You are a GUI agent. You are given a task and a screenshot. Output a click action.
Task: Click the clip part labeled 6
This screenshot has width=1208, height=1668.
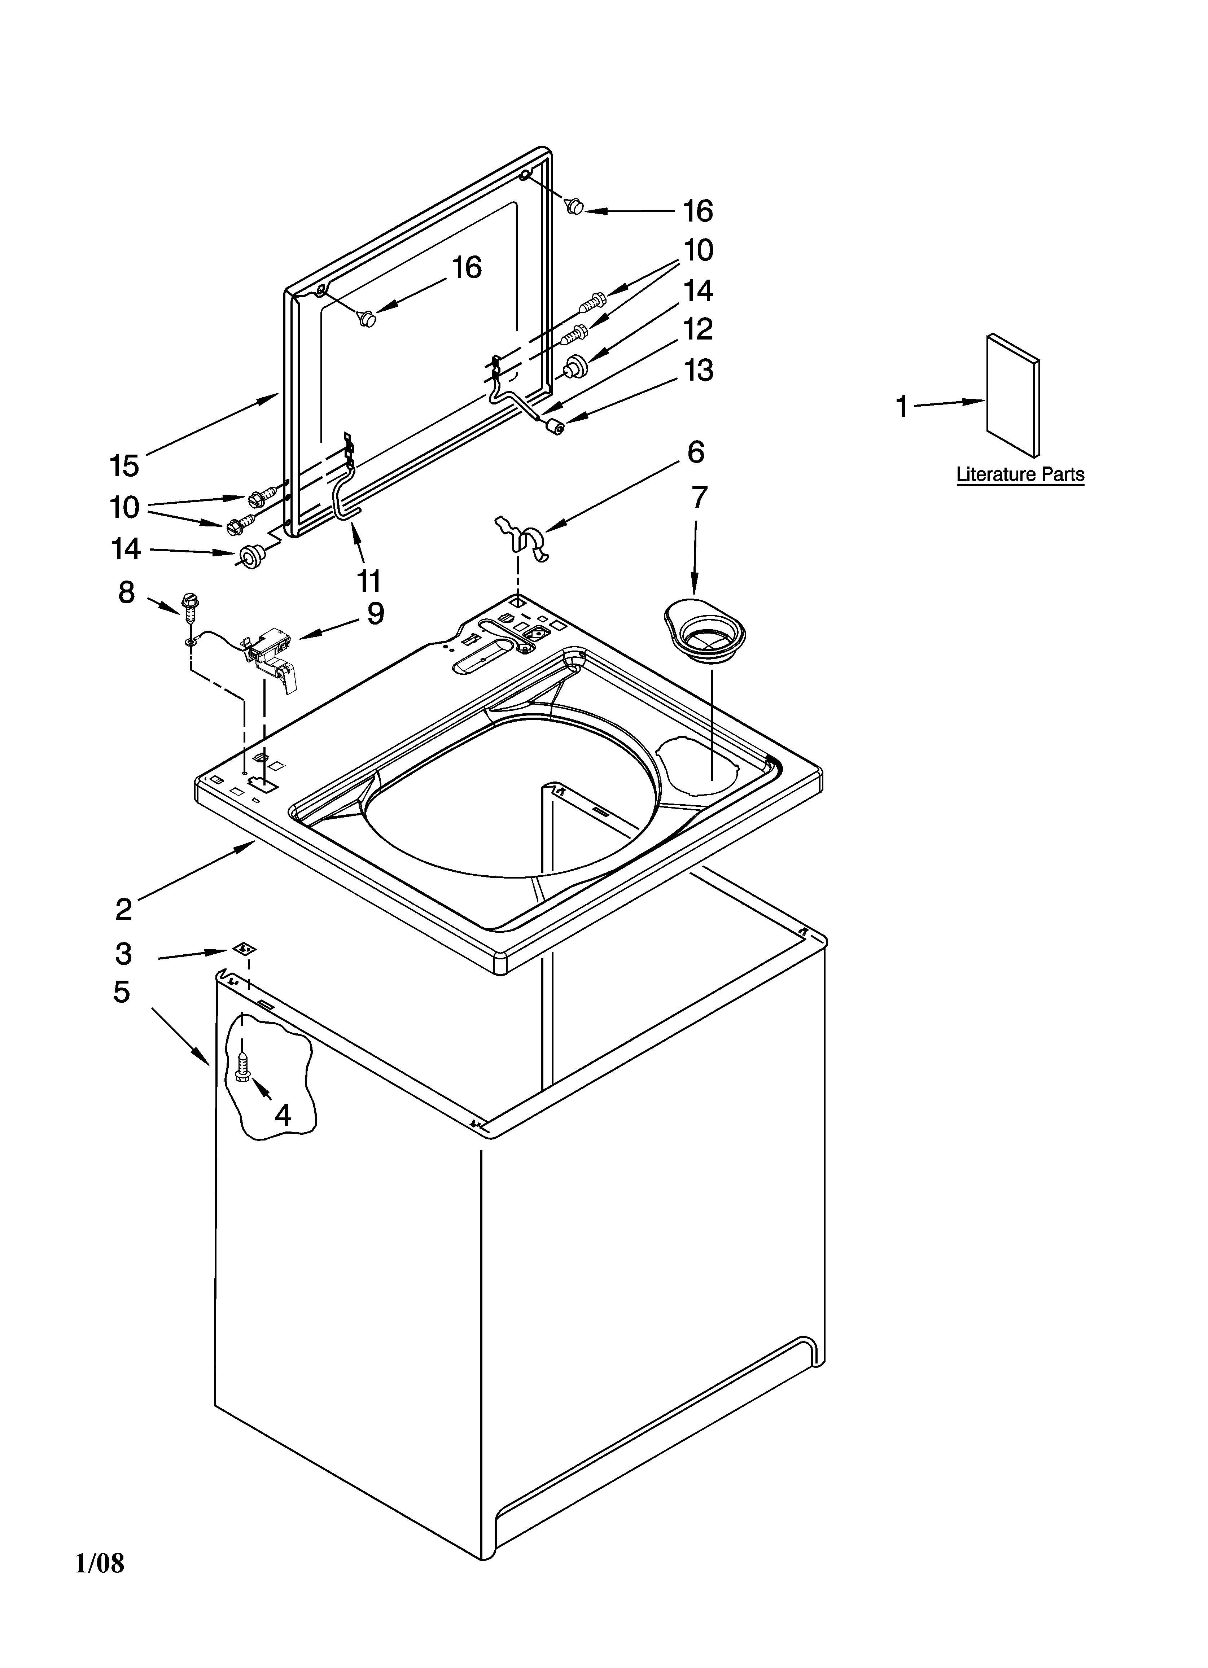point(522,539)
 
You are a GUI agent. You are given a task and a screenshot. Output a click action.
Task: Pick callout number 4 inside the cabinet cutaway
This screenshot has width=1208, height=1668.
point(283,1116)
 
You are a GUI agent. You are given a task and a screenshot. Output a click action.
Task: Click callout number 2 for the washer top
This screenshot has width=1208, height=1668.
point(124,910)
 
